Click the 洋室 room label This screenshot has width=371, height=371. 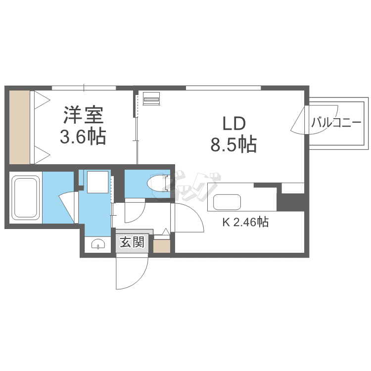tap(83, 115)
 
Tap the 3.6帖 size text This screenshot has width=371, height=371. tap(83, 136)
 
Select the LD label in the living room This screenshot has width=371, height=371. tap(233, 123)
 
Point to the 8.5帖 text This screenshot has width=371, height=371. tap(233, 144)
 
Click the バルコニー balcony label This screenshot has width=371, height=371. tap(336, 123)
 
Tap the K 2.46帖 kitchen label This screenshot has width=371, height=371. tap(245, 223)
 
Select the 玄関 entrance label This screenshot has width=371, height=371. tap(132, 242)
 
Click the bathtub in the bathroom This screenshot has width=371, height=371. tap(26, 197)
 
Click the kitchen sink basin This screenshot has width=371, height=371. tap(227, 202)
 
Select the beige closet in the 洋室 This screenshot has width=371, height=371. tap(20, 127)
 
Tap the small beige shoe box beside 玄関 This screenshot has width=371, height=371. tap(161, 246)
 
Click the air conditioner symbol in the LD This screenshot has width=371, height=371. tap(151, 98)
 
